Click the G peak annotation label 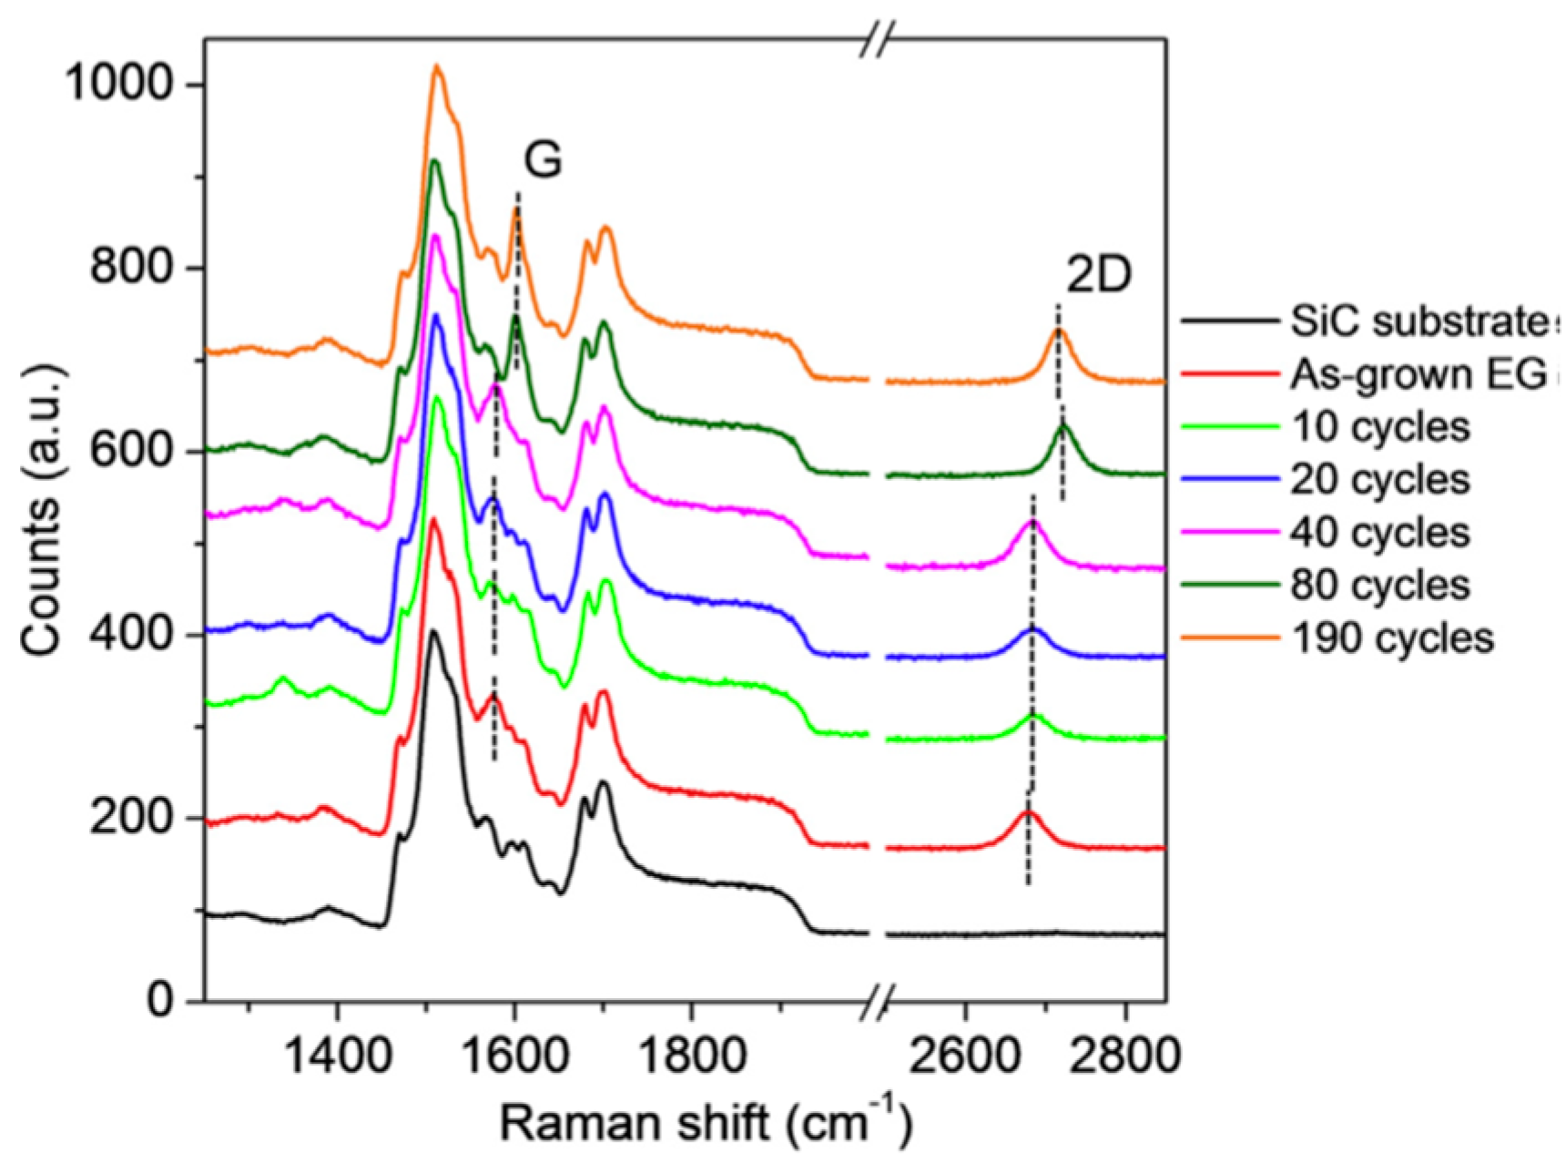coord(543,161)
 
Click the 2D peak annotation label coord(1098,276)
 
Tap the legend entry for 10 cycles coord(1379,427)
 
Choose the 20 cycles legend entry coord(1379,480)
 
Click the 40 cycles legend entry coord(1379,533)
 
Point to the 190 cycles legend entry coord(1391,638)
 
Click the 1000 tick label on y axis coord(117,85)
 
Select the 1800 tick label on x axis coord(691,1056)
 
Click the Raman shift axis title coord(705,1124)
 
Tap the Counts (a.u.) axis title coord(40,510)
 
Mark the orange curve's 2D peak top coord(1058,331)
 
